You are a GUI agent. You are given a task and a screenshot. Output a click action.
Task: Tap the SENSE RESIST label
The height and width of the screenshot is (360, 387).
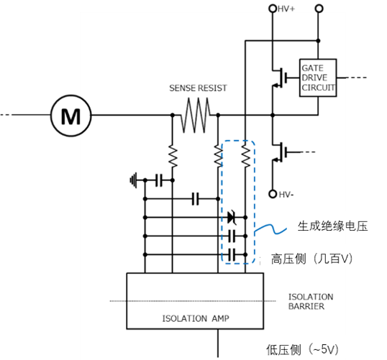coord(198,88)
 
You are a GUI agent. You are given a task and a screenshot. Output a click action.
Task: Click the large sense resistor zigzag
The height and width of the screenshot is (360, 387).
coord(196,115)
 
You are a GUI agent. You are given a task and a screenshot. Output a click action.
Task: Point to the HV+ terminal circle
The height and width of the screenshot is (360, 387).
coord(273,9)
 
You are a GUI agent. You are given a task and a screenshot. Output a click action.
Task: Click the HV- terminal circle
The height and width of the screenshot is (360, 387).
coord(273,194)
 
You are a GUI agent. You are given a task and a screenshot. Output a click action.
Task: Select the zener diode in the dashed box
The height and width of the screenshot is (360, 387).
coord(232,217)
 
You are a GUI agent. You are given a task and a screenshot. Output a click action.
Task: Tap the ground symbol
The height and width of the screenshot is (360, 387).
coord(134,180)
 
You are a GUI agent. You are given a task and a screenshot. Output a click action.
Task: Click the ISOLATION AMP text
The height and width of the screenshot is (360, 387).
coord(196,318)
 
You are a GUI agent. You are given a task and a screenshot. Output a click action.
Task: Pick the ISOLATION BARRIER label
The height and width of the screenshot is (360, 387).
coord(311,301)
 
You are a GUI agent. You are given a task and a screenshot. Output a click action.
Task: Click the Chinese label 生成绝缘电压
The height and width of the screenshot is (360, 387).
coord(332,226)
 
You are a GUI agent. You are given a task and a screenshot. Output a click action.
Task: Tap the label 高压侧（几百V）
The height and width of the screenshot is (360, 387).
coord(311,259)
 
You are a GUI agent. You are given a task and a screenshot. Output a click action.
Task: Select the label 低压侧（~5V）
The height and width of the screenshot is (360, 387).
coord(302,349)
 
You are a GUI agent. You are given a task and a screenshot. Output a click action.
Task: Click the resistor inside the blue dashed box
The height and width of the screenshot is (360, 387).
coord(245,156)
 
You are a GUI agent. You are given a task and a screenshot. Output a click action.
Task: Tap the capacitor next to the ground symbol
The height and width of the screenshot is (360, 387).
coord(159,180)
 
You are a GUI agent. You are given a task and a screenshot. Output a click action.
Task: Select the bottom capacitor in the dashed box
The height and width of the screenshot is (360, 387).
coord(232,254)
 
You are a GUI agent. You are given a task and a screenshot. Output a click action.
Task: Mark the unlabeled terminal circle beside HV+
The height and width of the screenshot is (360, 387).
coord(319,9)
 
